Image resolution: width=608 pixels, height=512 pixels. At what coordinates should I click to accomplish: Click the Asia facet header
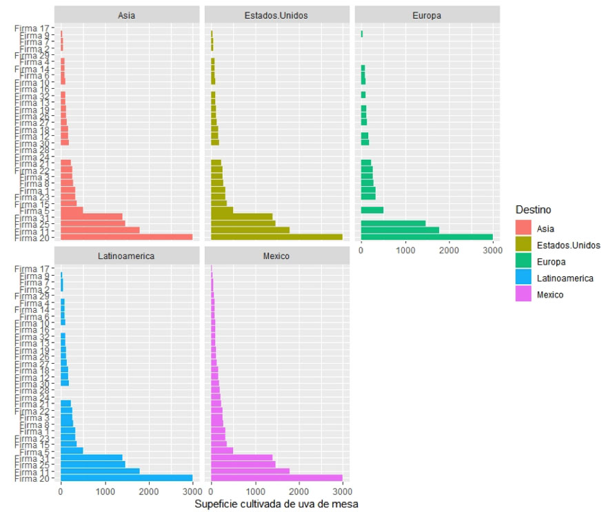point(126,14)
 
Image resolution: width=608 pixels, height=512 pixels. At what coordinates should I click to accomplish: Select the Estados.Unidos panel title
point(276,14)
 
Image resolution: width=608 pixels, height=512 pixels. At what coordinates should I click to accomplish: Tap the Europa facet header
point(427,14)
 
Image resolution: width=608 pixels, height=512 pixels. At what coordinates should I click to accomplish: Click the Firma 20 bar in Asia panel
point(126,237)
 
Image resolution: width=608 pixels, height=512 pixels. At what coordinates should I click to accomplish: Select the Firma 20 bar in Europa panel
point(427,237)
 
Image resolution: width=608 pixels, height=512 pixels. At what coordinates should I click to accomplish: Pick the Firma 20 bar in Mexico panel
point(276,478)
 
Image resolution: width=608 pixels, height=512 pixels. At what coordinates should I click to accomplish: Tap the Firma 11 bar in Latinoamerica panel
point(100,471)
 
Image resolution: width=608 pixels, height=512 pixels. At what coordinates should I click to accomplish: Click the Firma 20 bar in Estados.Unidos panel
point(276,237)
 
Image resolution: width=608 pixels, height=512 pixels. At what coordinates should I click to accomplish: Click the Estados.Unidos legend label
point(568,245)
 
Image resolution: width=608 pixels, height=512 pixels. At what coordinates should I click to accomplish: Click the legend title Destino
point(532,209)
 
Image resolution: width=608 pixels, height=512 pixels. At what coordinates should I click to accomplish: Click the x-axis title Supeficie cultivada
point(276,504)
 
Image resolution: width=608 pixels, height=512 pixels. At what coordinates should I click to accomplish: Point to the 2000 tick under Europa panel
point(449,252)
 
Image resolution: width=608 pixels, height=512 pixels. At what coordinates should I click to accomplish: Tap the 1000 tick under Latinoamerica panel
point(105,492)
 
